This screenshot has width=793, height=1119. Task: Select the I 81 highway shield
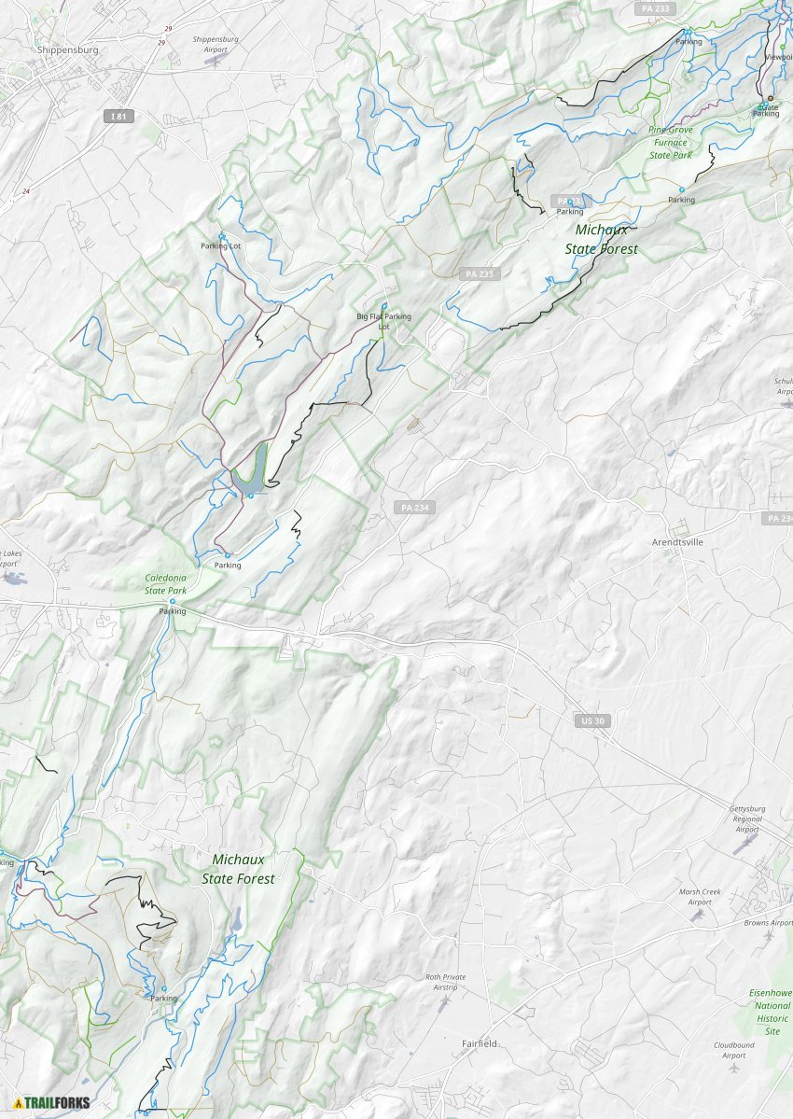click(116, 116)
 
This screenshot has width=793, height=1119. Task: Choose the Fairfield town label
click(480, 1043)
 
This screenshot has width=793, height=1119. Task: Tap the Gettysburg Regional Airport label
click(747, 818)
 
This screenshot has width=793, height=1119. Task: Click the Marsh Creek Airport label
click(701, 897)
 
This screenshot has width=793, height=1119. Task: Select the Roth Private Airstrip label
click(445, 982)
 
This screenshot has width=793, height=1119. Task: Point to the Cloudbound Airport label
click(733, 1050)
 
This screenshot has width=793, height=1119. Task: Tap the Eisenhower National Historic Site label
click(771, 1012)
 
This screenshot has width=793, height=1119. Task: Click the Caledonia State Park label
click(166, 584)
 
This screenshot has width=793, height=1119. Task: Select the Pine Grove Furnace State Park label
click(671, 142)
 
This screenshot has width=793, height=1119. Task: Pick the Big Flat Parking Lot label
click(383, 321)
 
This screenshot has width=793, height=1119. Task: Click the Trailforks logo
click(52, 1102)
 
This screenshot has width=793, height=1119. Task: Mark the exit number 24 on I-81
click(25, 191)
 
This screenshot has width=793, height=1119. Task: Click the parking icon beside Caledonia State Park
click(173, 602)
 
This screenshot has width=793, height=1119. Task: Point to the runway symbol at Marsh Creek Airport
click(696, 916)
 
